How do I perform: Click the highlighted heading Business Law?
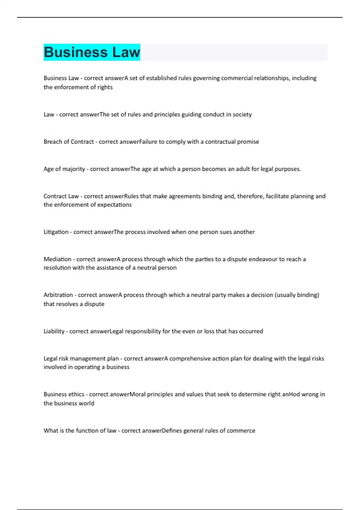tap(92, 52)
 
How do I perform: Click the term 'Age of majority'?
tap(64, 169)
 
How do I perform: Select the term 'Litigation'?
tap(56, 232)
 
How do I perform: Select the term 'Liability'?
tap(54, 331)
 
